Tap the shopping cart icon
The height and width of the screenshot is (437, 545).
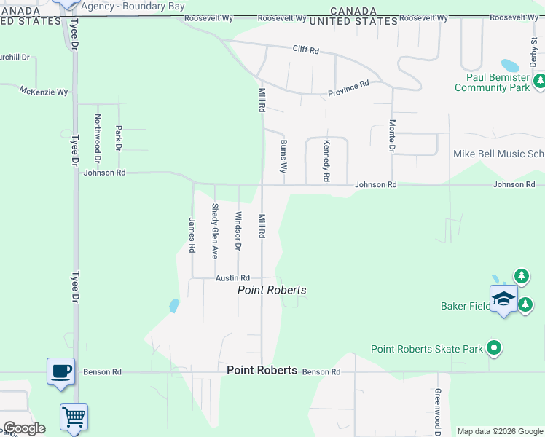click(x=74, y=417)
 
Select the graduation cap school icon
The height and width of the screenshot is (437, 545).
click(x=503, y=299)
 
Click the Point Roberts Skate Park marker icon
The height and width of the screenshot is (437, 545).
click(x=495, y=349)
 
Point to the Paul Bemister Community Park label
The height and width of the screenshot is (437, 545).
click(x=492, y=82)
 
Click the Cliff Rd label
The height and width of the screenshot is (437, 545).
click(x=306, y=50)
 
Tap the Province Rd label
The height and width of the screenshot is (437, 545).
click(x=348, y=87)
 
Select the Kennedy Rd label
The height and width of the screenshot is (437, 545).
click(x=326, y=161)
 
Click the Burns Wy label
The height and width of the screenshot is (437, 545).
click(x=283, y=156)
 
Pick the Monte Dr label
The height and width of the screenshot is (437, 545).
click(x=392, y=135)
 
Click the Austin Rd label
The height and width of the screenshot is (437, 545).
click(x=232, y=278)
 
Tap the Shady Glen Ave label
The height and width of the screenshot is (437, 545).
click(x=215, y=231)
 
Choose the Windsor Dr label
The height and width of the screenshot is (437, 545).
click(x=238, y=230)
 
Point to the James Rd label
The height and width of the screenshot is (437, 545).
click(x=192, y=235)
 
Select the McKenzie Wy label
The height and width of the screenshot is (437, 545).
click(x=44, y=92)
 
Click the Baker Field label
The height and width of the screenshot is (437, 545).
click(x=463, y=306)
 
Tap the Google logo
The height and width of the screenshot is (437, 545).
click(x=24, y=428)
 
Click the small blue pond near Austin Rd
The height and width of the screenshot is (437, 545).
click(x=174, y=306)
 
